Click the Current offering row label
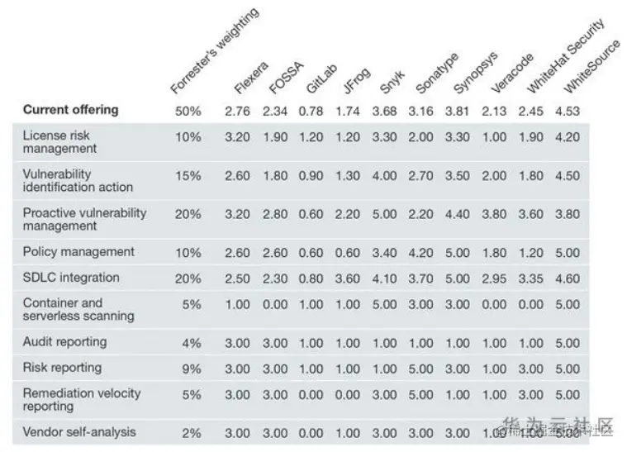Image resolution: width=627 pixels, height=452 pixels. click(70, 110)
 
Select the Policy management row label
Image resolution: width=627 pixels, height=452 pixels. click(78, 251)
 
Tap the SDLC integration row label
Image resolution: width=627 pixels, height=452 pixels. click(71, 278)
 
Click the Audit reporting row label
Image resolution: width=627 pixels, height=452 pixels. click(64, 341)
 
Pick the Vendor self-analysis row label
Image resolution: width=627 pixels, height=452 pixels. click(79, 432)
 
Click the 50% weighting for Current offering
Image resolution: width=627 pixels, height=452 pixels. click(188, 111)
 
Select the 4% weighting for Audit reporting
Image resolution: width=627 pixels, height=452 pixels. click(192, 342)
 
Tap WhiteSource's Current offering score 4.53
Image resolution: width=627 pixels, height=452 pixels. click(567, 111)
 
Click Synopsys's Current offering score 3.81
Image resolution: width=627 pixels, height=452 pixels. click(457, 111)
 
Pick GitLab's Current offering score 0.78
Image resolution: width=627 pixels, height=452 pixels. click(311, 111)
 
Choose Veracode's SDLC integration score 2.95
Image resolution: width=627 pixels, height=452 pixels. click(494, 278)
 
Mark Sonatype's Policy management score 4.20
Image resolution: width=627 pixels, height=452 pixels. click(420, 252)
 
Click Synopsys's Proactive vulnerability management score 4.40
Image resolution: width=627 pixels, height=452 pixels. click(457, 214)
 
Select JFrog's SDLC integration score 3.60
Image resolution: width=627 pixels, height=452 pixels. click(347, 278)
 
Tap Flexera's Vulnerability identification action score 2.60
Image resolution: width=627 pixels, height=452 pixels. click(237, 175)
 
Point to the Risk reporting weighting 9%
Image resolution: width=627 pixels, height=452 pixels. click(192, 368)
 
